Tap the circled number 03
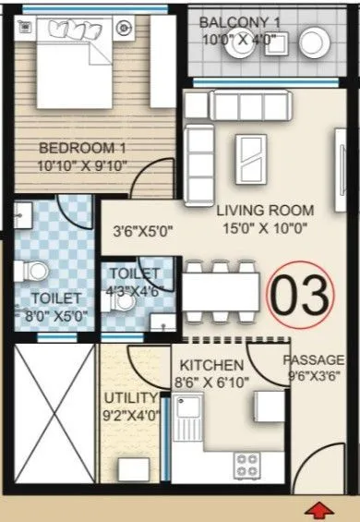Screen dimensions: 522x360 coord(298,295)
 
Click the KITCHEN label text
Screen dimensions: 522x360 coord(212,365)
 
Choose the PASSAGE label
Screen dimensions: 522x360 coord(314,358)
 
